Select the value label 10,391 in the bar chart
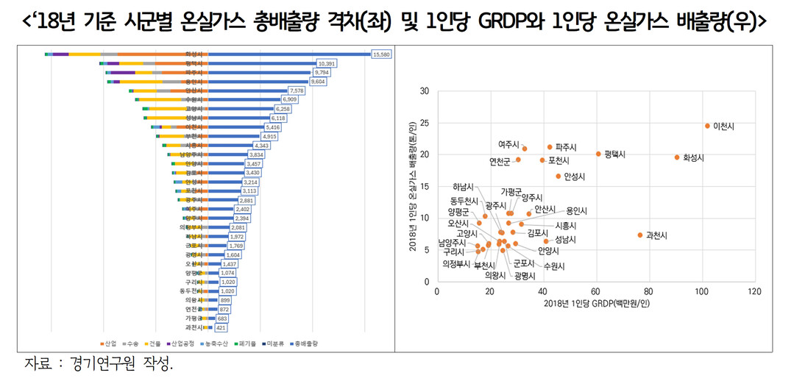pyautogui.click(x=325, y=64)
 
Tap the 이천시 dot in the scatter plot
pyautogui.click(x=708, y=126)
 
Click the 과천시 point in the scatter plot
pyautogui.click(x=640, y=235)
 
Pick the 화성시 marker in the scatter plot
pyautogui.click(x=677, y=157)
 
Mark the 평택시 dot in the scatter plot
pyautogui.click(x=598, y=154)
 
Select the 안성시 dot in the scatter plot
pyautogui.click(x=559, y=177)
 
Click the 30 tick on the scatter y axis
pyautogui.click(x=424, y=91)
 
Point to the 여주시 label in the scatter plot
pyautogui.click(x=508, y=145)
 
